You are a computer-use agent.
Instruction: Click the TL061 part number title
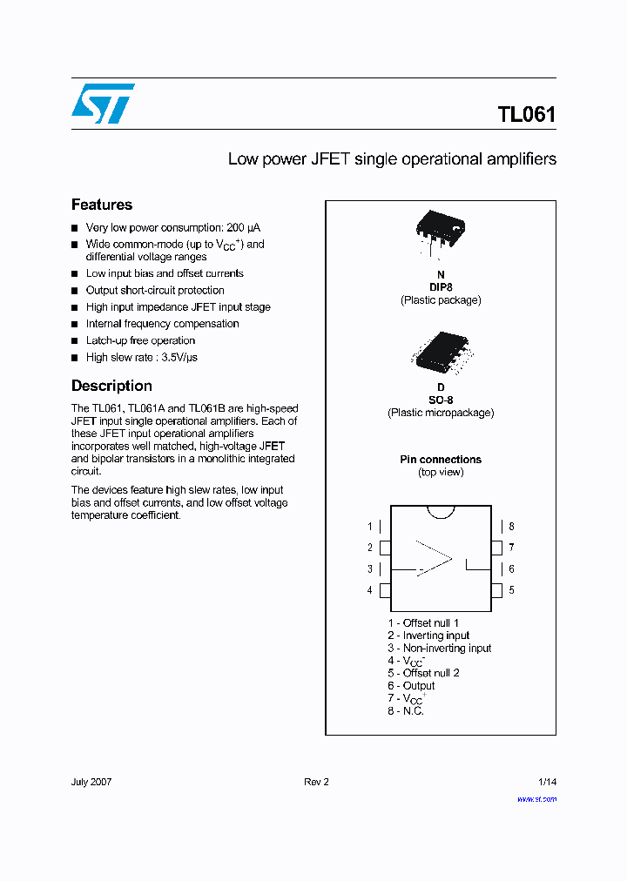click(526, 115)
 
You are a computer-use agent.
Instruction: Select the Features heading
click(102, 205)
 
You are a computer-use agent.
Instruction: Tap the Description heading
click(111, 386)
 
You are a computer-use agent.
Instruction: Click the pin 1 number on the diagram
click(370, 527)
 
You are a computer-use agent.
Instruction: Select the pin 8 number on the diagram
click(511, 527)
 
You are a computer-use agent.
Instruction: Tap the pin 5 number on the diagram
click(511, 590)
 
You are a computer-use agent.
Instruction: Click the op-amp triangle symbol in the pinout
click(434, 559)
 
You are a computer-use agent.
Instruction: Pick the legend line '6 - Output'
click(412, 686)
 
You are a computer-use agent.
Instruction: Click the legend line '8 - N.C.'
click(406, 711)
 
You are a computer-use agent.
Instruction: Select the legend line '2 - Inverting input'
click(429, 636)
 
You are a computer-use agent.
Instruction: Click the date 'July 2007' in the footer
click(91, 782)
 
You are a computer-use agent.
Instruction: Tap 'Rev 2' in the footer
click(316, 782)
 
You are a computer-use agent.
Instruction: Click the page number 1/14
click(547, 782)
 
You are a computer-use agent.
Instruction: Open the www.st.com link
click(536, 798)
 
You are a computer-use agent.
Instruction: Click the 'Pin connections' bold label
click(441, 460)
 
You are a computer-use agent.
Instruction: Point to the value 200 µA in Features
click(243, 228)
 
